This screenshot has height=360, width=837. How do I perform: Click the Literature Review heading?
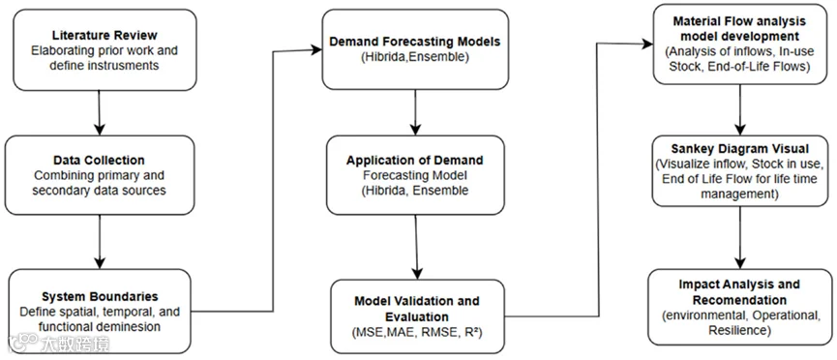(105, 36)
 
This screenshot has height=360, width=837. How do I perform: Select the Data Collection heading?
(99, 161)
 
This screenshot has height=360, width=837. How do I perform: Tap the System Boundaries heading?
(100, 296)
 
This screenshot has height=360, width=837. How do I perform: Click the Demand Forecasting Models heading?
(414, 41)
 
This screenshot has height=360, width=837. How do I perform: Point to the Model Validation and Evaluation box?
(417, 316)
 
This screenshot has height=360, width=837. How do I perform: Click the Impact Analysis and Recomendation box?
(739, 307)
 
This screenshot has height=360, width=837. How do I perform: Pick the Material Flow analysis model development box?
(739, 45)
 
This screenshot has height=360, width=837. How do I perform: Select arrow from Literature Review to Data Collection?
(100, 112)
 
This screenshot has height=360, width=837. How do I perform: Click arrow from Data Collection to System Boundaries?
(100, 241)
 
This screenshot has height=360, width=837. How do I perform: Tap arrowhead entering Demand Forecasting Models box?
(316, 49)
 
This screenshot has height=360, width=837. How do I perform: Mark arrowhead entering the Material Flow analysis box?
(646, 44)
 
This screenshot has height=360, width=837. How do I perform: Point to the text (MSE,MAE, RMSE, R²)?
(417, 332)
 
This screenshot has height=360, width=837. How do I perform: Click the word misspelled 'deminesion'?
(136, 326)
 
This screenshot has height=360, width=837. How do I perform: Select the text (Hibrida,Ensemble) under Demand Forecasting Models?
(414, 57)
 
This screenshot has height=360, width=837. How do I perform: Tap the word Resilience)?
(739, 331)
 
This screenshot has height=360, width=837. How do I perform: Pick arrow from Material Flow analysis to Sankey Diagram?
(740, 109)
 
